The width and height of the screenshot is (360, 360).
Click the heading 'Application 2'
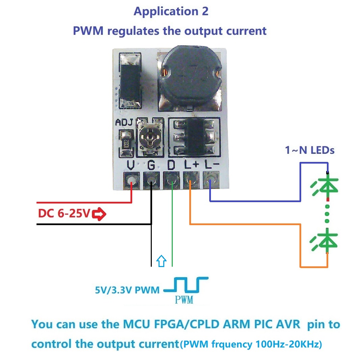pos(171,11)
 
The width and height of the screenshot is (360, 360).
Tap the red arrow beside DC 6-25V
pos(99,214)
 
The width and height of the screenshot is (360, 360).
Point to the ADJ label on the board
pos(124,123)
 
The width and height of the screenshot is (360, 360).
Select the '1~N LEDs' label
pos(310,150)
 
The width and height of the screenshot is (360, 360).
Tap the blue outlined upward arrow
pos(162,261)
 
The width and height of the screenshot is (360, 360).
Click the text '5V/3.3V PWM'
pos(127,290)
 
